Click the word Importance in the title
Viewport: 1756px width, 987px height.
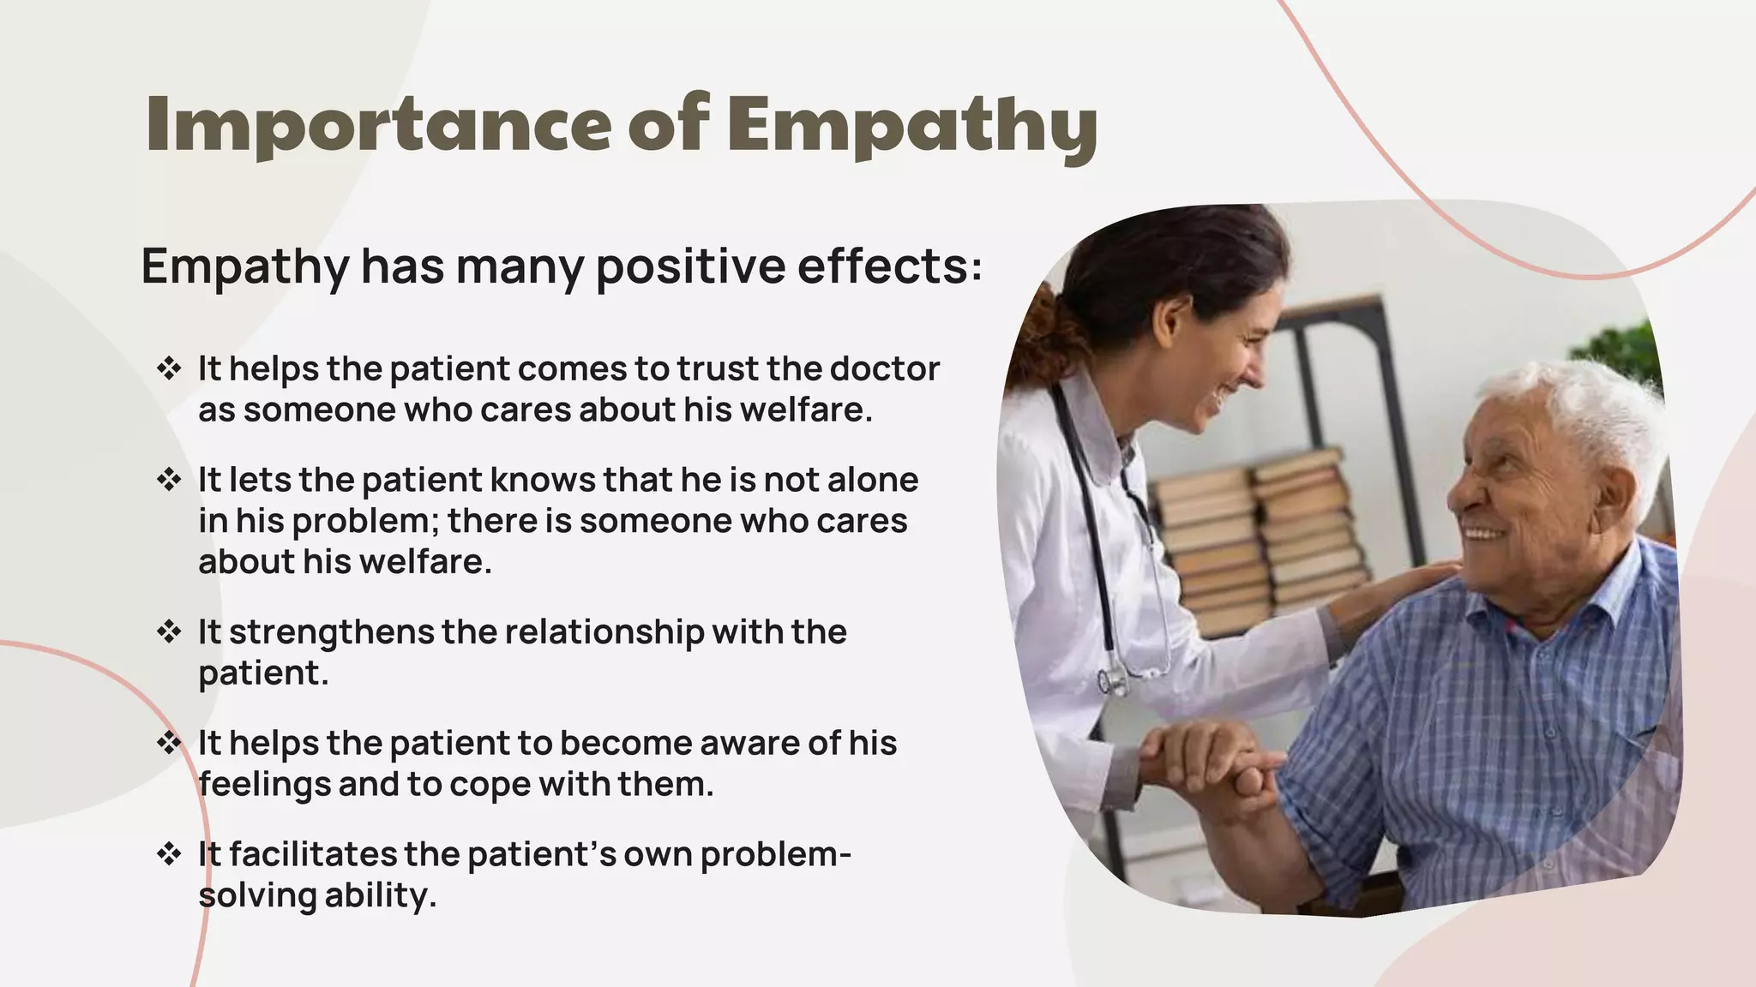(x=378, y=126)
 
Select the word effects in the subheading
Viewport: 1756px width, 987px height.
(x=889, y=266)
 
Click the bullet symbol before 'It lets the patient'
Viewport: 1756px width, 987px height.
(x=169, y=480)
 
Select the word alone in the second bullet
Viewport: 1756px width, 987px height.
(x=872, y=480)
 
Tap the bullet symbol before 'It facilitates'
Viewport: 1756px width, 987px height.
(x=169, y=854)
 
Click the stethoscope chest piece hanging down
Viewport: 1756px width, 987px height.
(x=1113, y=680)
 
